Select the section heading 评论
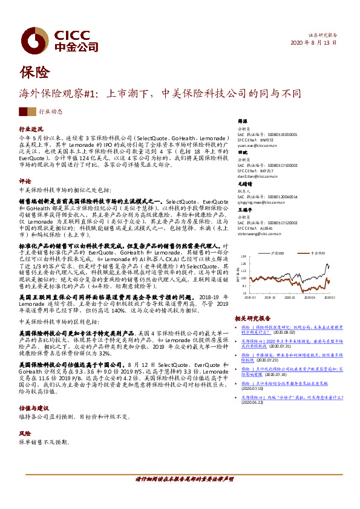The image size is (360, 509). click(x=25, y=181)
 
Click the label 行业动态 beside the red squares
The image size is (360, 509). click(x=51, y=112)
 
